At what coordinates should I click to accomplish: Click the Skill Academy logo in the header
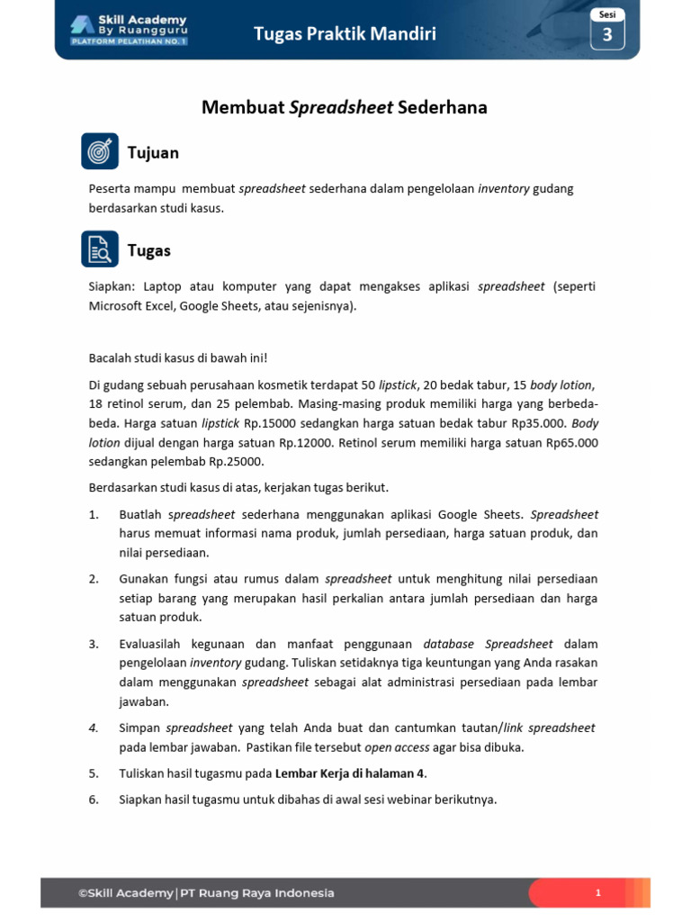click(127, 30)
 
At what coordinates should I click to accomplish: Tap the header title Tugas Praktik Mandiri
click(345, 34)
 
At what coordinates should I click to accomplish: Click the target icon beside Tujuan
click(100, 152)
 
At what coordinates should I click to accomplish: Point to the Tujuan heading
click(153, 153)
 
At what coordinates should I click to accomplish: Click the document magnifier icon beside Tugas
click(100, 249)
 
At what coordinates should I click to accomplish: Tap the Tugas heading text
click(149, 250)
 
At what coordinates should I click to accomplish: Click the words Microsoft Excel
click(130, 306)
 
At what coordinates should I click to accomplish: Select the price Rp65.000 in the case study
click(569, 443)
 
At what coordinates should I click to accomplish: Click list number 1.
click(94, 515)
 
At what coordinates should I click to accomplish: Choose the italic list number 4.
click(94, 728)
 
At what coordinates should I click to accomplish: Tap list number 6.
click(94, 800)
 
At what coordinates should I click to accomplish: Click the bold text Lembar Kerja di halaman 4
click(349, 773)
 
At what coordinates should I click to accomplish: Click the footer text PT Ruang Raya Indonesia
click(257, 893)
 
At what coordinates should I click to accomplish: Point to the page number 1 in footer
click(597, 893)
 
